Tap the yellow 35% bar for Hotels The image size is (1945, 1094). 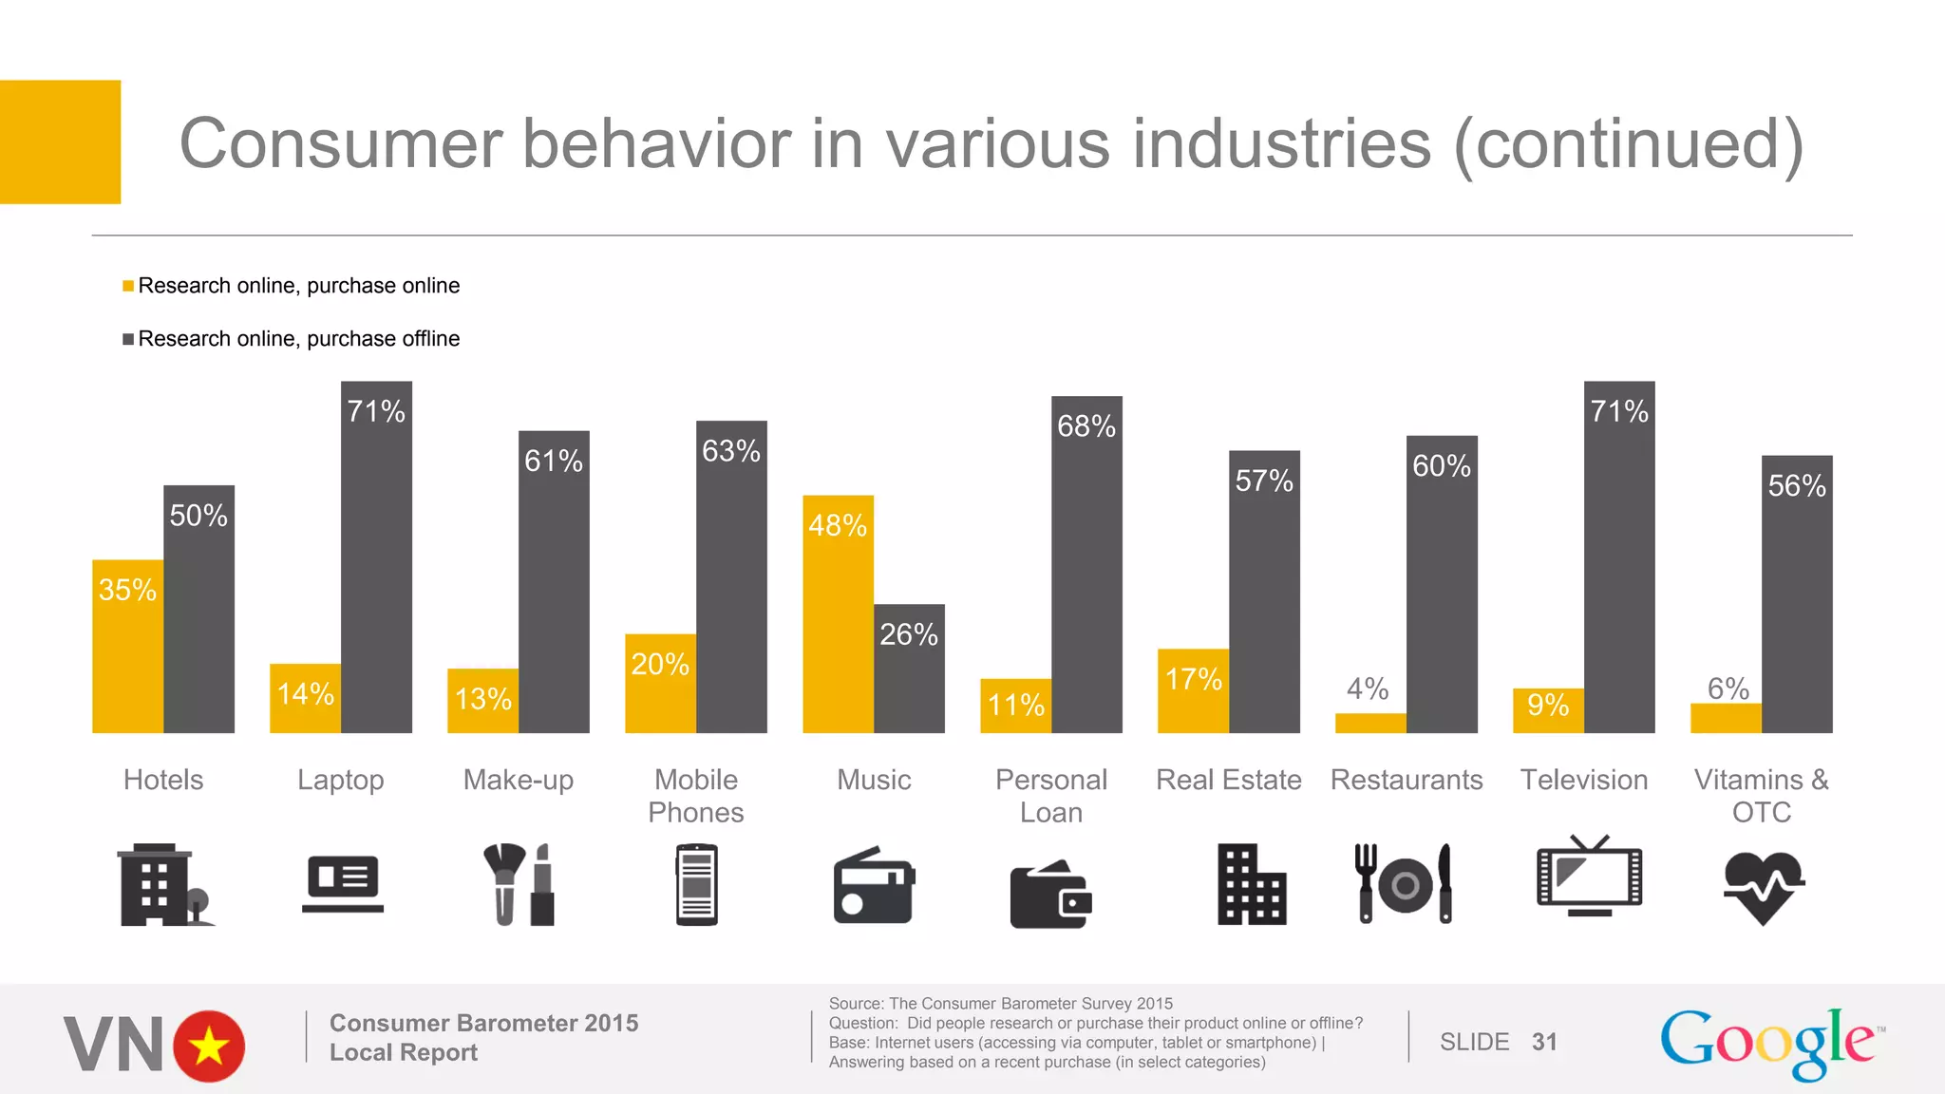click(x=127, y=646)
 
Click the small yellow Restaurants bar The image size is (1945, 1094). click(x=1370, y=723)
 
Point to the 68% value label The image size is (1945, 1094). click(x=1086, y=426)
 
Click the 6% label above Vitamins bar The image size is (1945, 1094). click(x=1728, y=688)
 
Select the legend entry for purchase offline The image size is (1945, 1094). click(x=298, y=339)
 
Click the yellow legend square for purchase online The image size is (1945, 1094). click(x=128, y=286)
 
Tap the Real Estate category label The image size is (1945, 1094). click(x=1228, y=780)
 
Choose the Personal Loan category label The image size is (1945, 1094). click(x=1051, y=796)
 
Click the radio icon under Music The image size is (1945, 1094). click(x=874, y=885)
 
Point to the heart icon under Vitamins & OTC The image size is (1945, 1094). click(x=1763, y=887)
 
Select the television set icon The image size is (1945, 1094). click(x=1589, y=877)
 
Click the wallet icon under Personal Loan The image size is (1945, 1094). click(x=1050, y=895)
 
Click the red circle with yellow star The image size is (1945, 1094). click(x=209, y=1047)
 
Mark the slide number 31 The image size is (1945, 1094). click(x=1544, y=1042)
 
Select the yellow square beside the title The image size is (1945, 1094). click(x=60, y=141)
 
